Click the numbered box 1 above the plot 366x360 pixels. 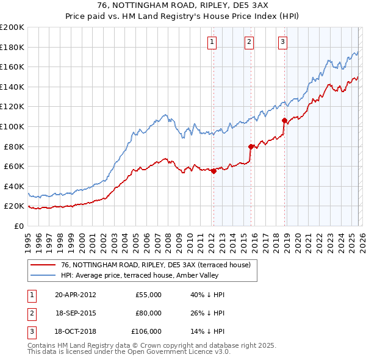212,42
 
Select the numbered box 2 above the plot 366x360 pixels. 249,42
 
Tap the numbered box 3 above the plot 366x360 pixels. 283,42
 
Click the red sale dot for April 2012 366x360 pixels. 214,171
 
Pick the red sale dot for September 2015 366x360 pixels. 251,146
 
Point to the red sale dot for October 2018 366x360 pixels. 284,121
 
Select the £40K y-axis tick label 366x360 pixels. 14,186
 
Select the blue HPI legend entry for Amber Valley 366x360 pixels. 152,275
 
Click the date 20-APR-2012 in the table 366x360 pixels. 75,295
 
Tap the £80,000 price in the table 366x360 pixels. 148,313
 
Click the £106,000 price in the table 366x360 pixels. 146,331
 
